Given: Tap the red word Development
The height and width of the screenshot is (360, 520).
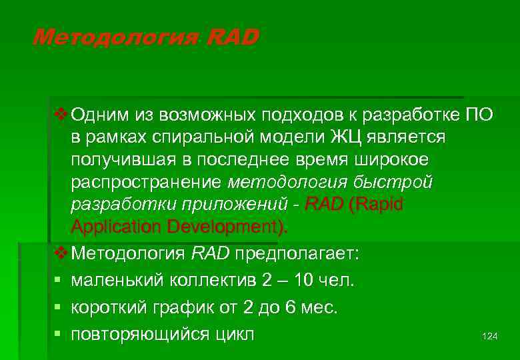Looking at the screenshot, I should click(x=224, y=227).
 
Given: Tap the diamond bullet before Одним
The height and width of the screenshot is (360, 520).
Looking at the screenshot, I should click(x=59, y=114).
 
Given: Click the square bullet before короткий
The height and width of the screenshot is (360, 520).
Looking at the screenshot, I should click(x=59, y=307).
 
